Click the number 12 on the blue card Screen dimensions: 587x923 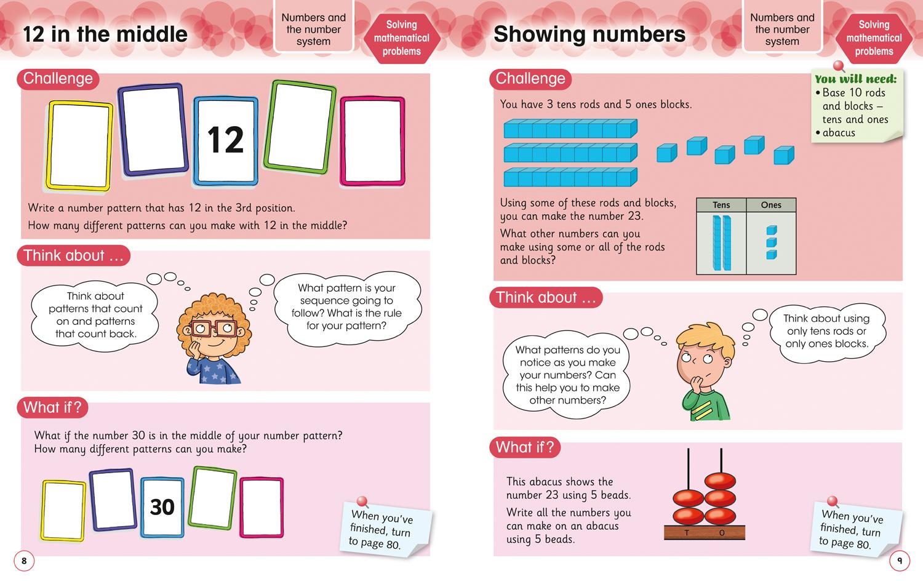(225, 140)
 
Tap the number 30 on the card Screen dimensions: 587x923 (162, 507)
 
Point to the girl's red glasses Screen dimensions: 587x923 (207, 327)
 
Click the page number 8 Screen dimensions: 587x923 (24, 561)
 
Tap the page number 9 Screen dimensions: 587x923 (899, 561)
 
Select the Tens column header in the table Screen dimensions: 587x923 (721, 205)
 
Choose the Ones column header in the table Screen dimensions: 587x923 (771, 205)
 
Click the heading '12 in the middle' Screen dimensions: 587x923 (105, 34)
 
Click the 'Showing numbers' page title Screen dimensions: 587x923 (589, 34)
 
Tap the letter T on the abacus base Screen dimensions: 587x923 (687, 533)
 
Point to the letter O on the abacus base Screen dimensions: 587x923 (722, 533)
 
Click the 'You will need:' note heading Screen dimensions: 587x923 (855, 79)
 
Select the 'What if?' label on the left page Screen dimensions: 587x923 (52, 407)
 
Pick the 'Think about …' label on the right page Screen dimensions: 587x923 (546, 298)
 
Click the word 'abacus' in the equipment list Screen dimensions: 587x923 (839, 133)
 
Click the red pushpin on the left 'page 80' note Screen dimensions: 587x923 (362, 502)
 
